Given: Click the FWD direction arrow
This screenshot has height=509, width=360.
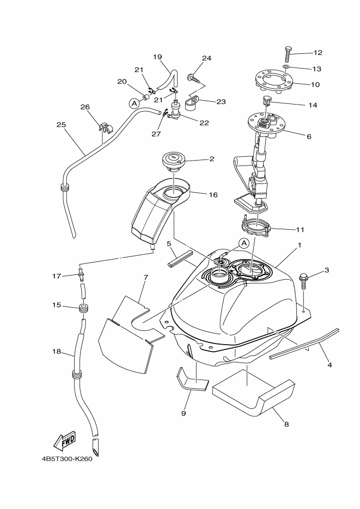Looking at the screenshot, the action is click(x=65, y=441).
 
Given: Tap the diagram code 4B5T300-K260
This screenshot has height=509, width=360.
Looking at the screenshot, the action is click(x=67, y=459).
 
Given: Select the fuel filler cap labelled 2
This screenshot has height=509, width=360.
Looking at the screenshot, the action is click(x=173, y=162).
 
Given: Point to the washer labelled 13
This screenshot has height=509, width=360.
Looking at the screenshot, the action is click(x=286, y=67).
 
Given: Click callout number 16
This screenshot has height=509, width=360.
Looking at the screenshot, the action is click(x=213, y=195).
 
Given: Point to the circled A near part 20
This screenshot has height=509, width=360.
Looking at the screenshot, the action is click(x=133, y=103).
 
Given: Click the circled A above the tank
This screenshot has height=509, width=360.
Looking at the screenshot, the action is click(x=244, y=243).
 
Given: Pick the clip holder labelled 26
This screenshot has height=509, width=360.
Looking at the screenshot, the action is click(x=105, y=127).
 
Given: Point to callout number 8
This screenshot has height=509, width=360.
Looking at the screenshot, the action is click(x=286, y=424).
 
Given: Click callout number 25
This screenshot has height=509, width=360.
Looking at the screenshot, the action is click(x=61, y=125).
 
